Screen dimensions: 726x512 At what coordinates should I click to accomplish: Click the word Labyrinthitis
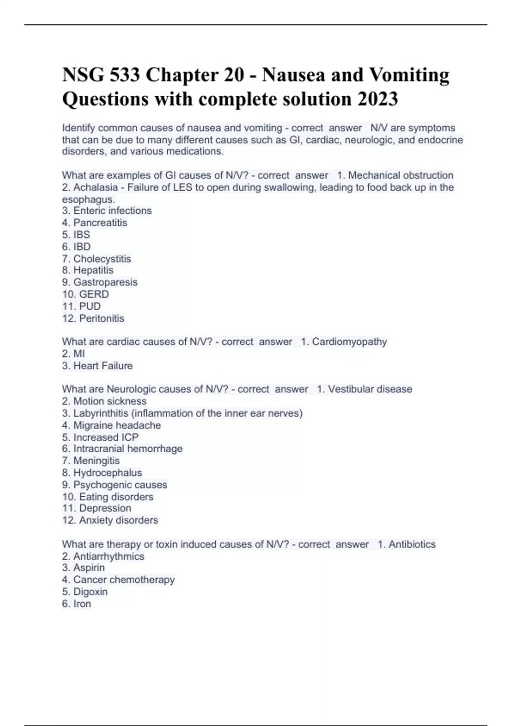pyautogui.click(x=101, y=413)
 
